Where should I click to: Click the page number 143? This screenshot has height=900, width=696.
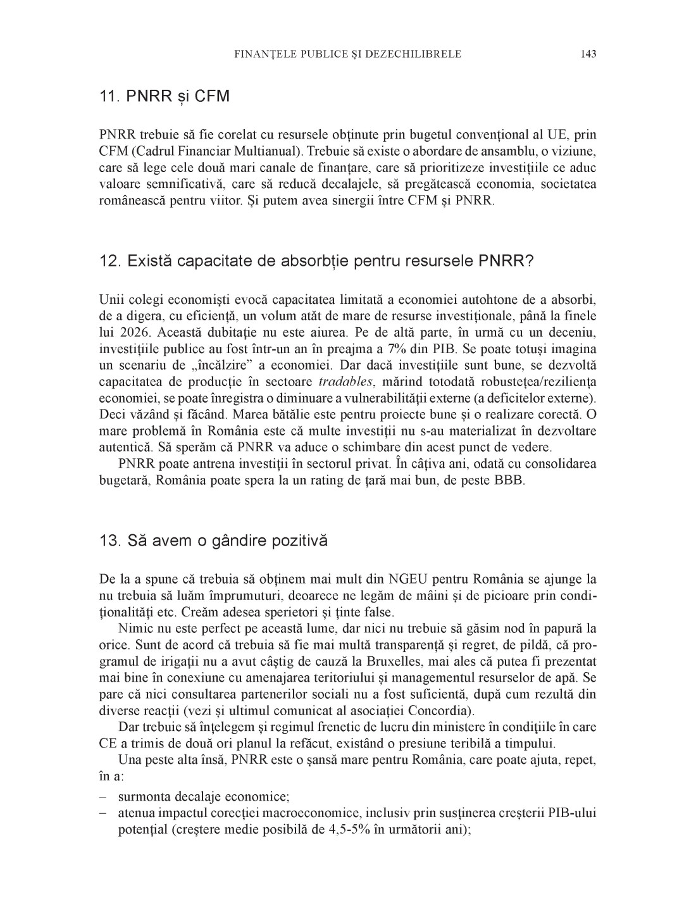pyautogui.click(x=588, y=54)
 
